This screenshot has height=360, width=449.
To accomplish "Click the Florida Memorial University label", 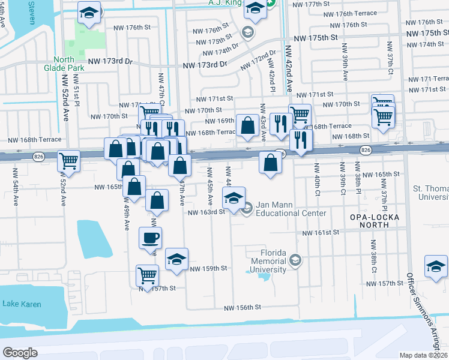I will [x=268, y=262].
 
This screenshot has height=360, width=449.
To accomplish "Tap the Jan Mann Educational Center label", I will [x=291, y=209].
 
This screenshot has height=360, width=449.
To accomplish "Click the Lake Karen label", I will [x=22, y=304].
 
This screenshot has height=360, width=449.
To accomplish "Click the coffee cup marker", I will [x=150, y=238].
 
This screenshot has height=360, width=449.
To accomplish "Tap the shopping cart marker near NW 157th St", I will [x=147, y=275].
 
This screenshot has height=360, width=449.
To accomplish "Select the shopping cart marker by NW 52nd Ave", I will [x=69, y=161].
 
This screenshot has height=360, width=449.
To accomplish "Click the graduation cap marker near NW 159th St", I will [x=176, y=259].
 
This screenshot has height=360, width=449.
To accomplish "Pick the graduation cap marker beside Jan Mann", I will [x=234, y=196].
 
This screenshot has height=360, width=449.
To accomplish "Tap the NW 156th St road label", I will [x=243, y=308].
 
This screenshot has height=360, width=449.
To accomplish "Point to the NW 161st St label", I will [x=321, y=233].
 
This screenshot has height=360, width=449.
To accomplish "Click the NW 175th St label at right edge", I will [x=427, y=33].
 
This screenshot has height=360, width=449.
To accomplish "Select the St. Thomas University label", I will [x=430, y=192].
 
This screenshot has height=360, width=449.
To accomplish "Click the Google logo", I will [x=20, y=352].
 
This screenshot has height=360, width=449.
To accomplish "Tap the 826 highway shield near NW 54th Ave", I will [x=39, y=157].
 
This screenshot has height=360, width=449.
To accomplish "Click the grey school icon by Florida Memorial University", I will [x=295, y=260].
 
